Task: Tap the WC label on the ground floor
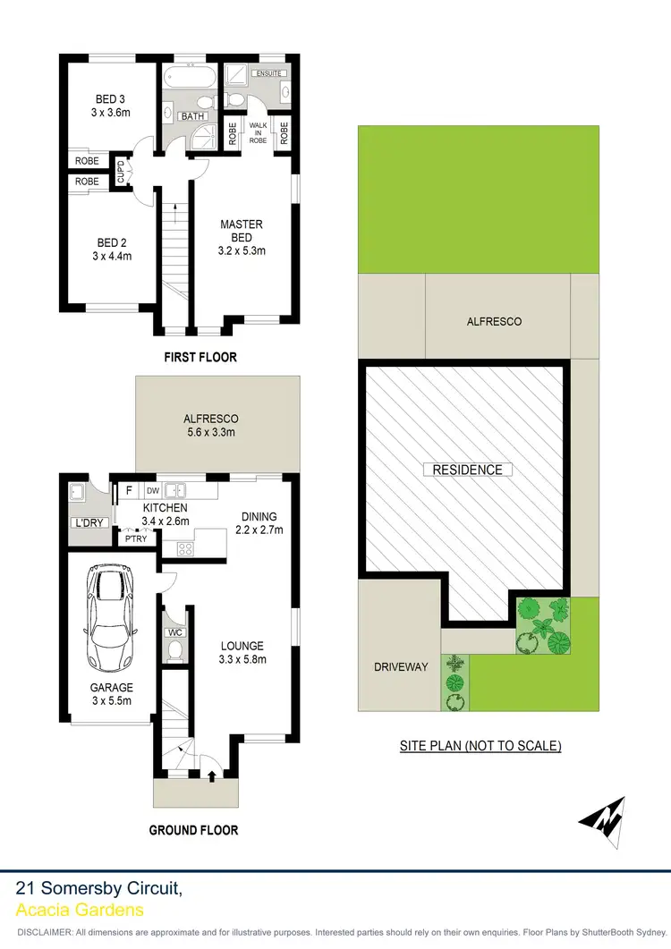pyautogui.click(x=175, y=631)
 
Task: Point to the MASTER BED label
pyautogui.click(x=242, y=231)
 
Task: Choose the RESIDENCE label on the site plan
pyautogui.click(x=468, y=470)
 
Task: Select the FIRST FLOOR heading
pyautogui.click(x=200, y=357)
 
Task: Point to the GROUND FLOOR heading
pyautogui.click(x=193, y=830)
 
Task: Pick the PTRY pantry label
pyautogui.click(x=136, y=538)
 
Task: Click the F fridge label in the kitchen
pyautogui.click(x=129, y=490)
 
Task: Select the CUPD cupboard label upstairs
pyautogui.click(x=121, y=171)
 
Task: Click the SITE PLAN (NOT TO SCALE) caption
pyautogui.click(x=480, y=745)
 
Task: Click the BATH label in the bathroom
pyautogui.click(x=192, y=116)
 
